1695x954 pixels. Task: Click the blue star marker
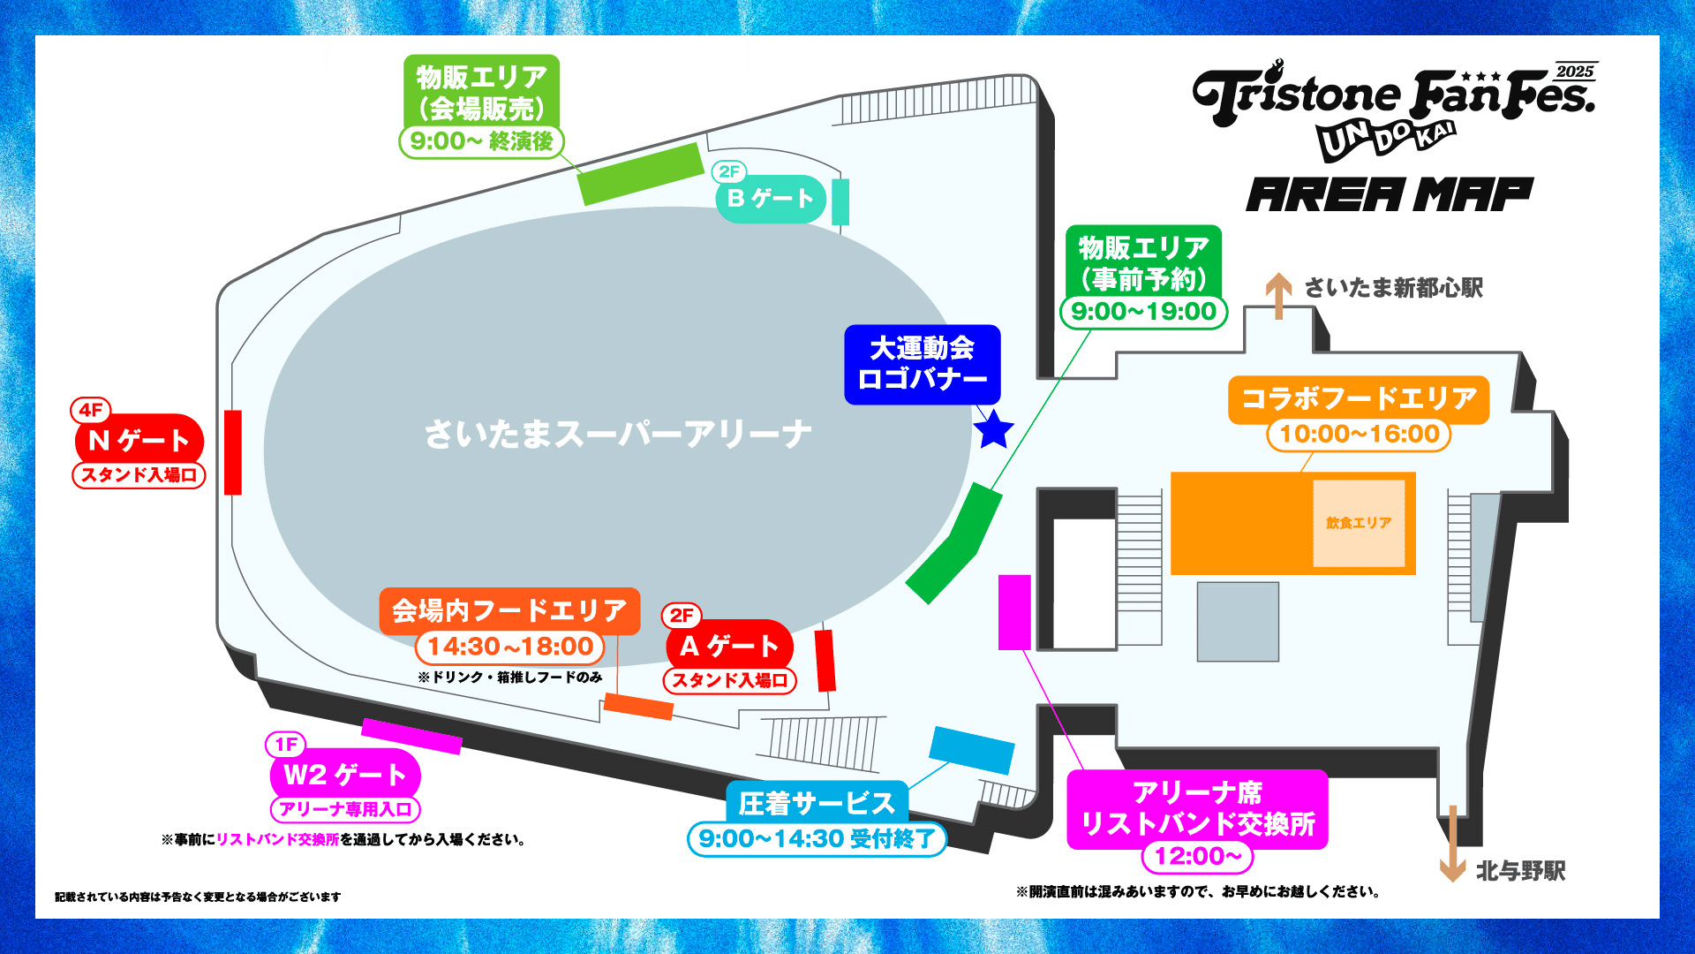click(993, 429)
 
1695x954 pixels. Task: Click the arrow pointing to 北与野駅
click(1452, 844)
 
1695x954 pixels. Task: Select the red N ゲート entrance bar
click(233, 452)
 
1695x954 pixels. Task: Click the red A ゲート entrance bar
click(825, 660)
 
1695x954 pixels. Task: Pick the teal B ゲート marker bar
click(840, 201)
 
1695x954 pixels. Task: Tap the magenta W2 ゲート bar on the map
click(411, 736)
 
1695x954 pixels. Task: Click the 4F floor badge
click(90, 410)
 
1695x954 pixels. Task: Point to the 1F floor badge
click(285, 745)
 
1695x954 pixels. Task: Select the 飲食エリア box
click(1358, 523)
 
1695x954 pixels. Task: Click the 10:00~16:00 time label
click(1359, 434)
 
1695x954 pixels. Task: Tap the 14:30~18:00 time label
click(510, 647)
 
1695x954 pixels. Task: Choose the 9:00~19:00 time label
click(1143, 311)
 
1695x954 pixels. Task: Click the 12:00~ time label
click(1197, 856)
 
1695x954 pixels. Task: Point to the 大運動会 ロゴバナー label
click(922, 364)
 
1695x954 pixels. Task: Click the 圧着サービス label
click(816, 803)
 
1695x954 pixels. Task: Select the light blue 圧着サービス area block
click(971, 750)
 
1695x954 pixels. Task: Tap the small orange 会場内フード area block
click(638, 707)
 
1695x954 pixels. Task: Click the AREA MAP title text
click(1390, 195)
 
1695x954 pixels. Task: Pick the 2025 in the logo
click(1575, 72)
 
